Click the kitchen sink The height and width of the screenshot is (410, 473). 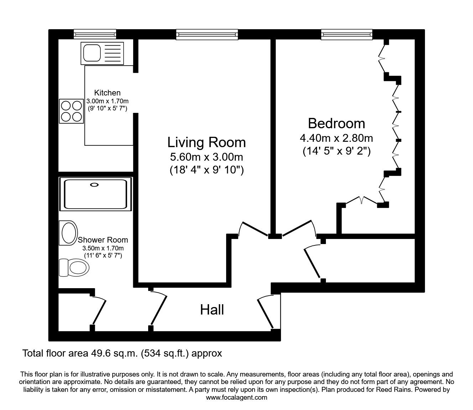(x=102, y=53)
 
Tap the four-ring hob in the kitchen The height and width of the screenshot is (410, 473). (x=71, y=111)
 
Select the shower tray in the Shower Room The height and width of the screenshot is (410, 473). (x=95, y=193)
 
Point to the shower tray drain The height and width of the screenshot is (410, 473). (x=95, y=185)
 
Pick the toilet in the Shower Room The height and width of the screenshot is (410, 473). (x=74, y=266)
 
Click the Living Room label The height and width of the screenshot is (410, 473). (x=207, y=142)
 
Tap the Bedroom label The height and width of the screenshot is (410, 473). (x=336, y=123)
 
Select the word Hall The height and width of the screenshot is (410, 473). (x=212, y=310)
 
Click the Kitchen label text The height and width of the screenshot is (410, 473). (x=107, y=93)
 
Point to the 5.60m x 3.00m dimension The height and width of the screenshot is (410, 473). (x=207, y=157)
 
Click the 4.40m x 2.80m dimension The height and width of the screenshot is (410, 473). (x=337, y=138)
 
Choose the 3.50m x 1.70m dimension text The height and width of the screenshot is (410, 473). (x=103, y=248)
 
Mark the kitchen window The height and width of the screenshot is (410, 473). (x=95, y=34)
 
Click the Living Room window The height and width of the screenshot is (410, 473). (x=207, y=34)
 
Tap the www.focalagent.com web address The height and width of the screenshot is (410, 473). (x=236, y=397)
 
